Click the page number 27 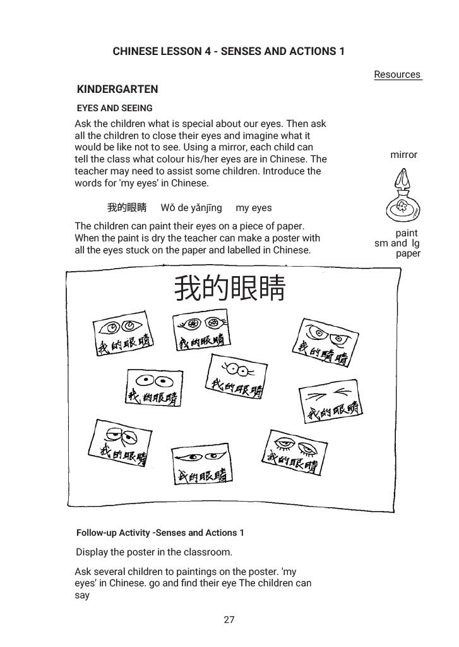click(229, 620)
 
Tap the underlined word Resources click(397, 75)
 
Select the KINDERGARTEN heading click(117, 89)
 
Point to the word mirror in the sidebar click(403, 155)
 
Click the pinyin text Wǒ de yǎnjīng click(191, 208)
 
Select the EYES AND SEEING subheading click(114, 108)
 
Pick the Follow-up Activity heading click(160, 533)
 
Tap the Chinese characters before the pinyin click(126, 208)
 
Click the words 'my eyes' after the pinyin click(253, 208)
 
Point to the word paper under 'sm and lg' click(408, 253)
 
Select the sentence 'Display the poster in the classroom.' click(154, 552)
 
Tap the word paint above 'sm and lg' click(407, 233)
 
